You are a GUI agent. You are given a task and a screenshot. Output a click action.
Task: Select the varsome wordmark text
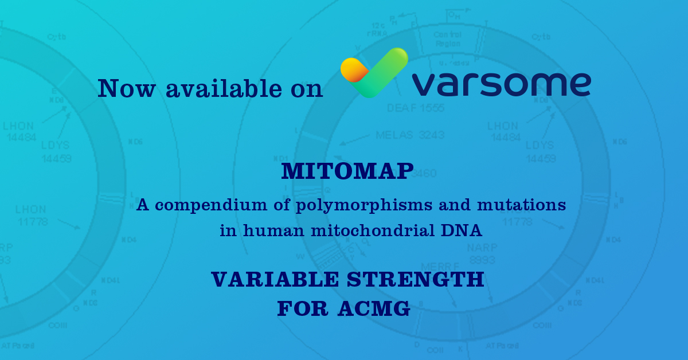tap(501, 84)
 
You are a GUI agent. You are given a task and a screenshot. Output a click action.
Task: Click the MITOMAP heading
tap(347, 172)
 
